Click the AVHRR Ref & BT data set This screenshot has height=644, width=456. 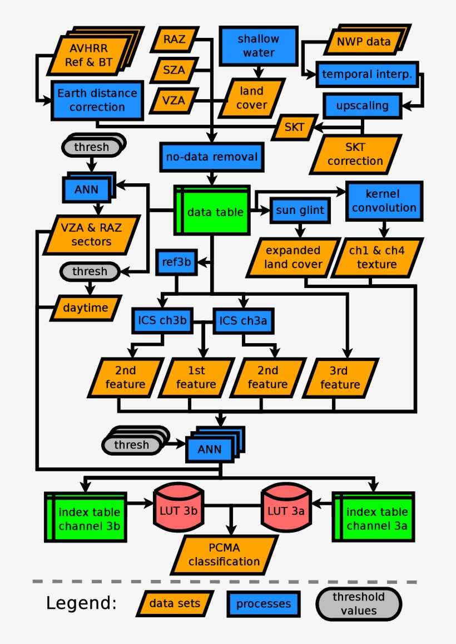click(x=89, y=54)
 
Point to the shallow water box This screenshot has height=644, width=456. click(x=258, y=46)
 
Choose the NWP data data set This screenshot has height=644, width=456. click(x=364, y=41)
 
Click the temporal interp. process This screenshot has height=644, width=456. click(x=367, y=74)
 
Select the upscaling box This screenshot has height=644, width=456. click(x=362, y=105)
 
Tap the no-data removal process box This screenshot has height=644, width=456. click(x=211, y=157)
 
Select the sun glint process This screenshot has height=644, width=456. click(x=300, y=211)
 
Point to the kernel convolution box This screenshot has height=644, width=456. click(x=383, y=201)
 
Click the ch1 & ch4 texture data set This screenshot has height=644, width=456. click(x=376, y=257)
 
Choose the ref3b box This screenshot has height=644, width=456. click(x=176, y=261)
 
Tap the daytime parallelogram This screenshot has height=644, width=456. click(x=86, y=308)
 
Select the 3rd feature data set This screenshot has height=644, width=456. click(x=340, y=378)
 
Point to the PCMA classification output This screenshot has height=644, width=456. click(x=224, y=555)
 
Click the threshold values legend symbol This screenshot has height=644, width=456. click(x=359, y=603)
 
